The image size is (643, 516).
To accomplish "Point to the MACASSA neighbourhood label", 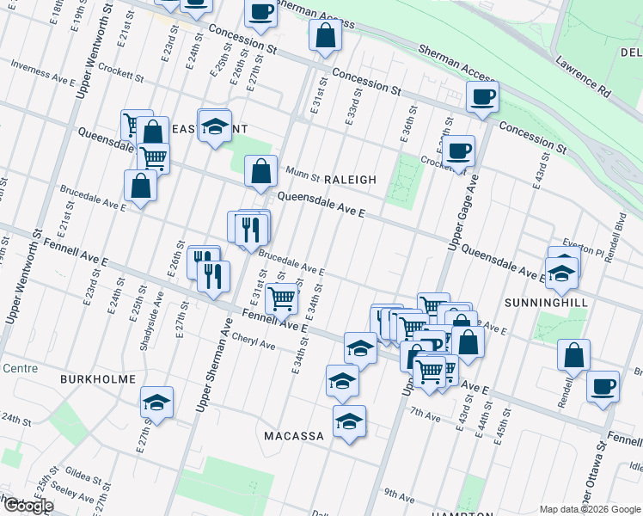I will click(x=293, y=436).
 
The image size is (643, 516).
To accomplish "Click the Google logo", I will click(x=28, y=506).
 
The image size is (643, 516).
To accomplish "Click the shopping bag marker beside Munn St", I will click(x=261, y=170).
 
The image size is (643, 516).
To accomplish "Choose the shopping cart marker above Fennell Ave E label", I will click(x=282, y=298).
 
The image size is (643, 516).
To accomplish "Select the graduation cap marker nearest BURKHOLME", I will click(x=156, y=402).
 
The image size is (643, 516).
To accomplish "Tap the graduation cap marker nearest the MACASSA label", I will click(x=349, y=421).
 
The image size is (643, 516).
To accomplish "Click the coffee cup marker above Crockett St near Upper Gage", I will click(x=460, y=150).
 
